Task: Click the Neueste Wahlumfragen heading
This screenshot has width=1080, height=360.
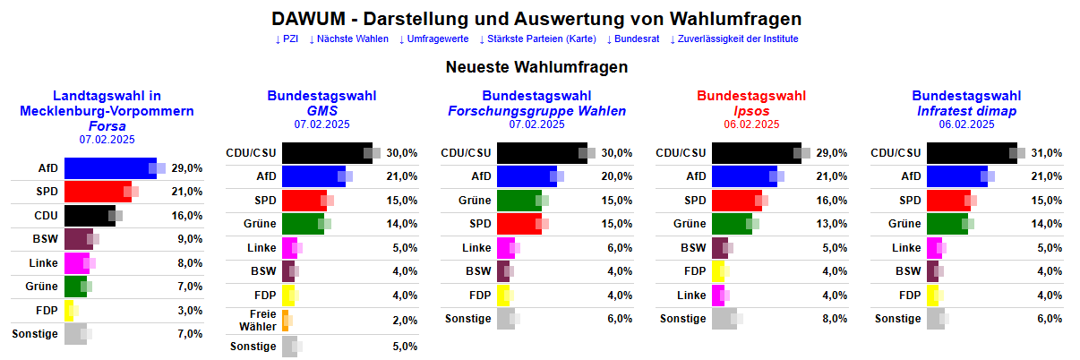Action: point(536,67)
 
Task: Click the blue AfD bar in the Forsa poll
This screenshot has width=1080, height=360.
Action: point(109,167)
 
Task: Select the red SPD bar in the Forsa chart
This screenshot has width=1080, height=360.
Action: point(97,192)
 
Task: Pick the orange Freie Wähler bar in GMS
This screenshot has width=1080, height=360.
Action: point(285,321)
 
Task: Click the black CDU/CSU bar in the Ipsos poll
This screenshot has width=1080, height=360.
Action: point(756,153)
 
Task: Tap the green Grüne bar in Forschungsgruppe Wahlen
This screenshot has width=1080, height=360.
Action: point(516,200)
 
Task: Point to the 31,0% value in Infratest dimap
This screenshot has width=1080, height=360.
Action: point(1046,153)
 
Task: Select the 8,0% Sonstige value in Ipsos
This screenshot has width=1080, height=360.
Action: point(834,319)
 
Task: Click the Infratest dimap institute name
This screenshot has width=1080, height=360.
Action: point(966,111)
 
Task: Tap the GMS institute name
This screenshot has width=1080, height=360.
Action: point(321,111)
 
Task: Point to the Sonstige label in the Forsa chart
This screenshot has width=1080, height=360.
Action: point(35,334)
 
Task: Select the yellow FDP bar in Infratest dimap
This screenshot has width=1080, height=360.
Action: point(931,295)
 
